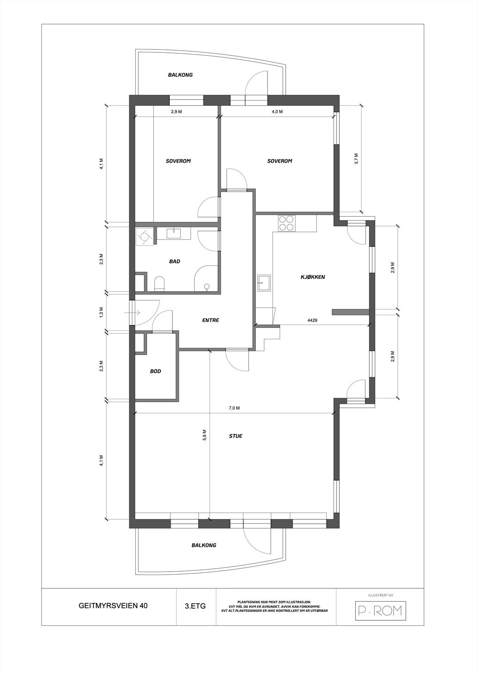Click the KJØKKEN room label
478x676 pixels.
click(312, 277)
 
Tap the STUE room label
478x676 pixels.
click(235, 436)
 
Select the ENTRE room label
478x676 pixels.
click(210, 320)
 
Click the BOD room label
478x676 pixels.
click(156, 371)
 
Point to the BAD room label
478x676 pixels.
click(175, 262)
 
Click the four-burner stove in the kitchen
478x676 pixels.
click(286, 223)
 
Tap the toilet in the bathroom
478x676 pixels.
click(159, 283)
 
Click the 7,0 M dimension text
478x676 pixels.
click(234, 408)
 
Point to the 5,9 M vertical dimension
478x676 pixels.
click(205, 435)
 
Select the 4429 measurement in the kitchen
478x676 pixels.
click(312, 320)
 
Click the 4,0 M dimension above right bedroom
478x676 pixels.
click(277, 112)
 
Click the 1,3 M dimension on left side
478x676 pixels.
click(101, 313)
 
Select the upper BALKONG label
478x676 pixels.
click(180, 75)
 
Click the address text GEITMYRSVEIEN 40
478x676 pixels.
click(113, 605)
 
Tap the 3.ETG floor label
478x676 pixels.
click(195, 605)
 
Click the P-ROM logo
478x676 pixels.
click(380, 611)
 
